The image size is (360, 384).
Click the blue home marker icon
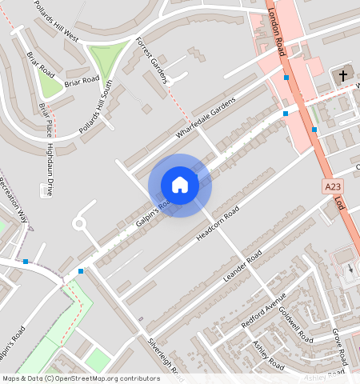[x=180, y=185]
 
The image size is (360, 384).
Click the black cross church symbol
[x=343, y=76]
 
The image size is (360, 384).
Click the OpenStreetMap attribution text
[x=81, y=378]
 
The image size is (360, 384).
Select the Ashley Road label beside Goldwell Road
[x=268, y=357]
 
